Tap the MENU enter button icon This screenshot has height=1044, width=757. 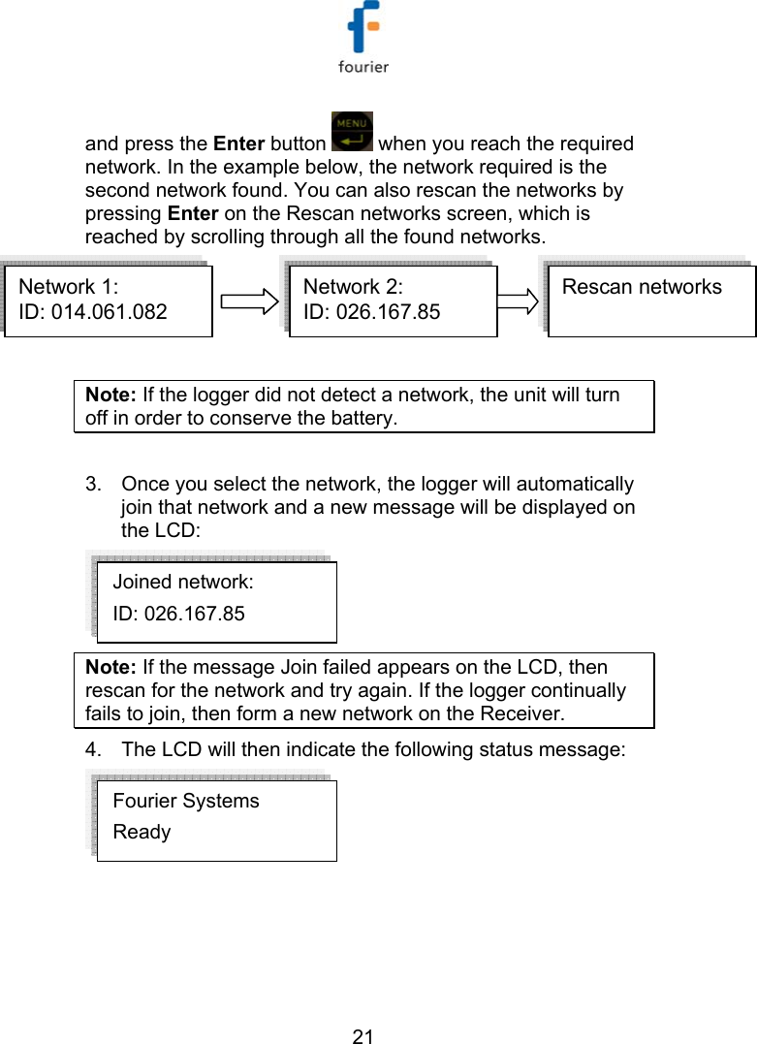tap(351, 132)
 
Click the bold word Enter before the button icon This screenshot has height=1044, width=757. tap(238, 144)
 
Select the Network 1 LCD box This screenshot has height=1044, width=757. tap(108, 301)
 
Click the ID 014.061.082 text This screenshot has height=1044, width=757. tap(93, 312)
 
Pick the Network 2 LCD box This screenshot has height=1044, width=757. tap(393, 301)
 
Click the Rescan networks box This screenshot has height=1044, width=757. tap(651, 301)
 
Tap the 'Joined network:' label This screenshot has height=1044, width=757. tap(183, 583)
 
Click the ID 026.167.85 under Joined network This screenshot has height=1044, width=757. tap(178, 614)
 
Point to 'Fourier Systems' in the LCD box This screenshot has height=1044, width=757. tap(186, 802)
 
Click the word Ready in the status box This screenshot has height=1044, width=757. tap(142, 833)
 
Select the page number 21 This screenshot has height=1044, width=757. tap(363, 1036)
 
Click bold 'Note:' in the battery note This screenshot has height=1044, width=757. tap(111, 395)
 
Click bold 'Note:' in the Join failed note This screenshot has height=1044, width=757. tap(111, 668)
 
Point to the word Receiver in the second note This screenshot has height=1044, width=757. tap(524, 714)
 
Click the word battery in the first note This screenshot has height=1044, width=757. tap(362, 419)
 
